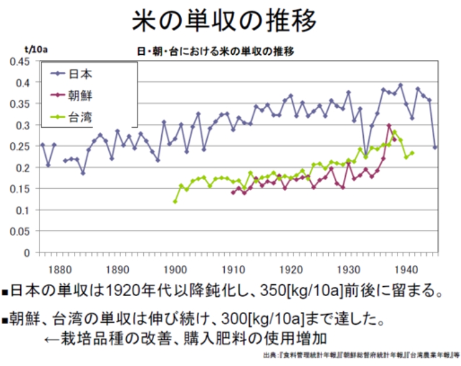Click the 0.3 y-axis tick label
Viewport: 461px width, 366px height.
24,125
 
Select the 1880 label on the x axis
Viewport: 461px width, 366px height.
60,269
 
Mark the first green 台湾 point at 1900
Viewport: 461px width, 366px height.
175,201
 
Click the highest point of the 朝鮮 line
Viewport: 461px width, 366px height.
389,125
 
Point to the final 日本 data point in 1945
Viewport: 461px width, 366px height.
435,147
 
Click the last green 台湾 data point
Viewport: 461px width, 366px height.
412,153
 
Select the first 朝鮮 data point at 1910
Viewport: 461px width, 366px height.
233,192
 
